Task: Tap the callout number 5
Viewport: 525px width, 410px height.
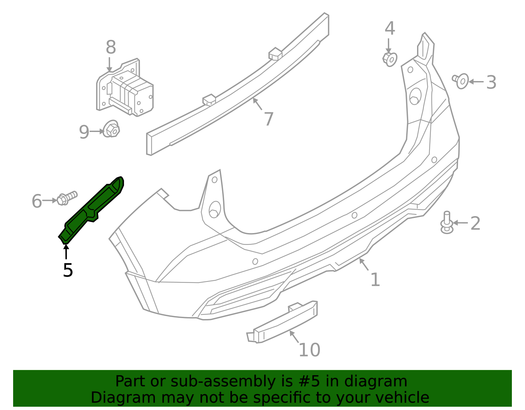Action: tap(68, 270)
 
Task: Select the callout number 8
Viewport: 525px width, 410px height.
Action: tap(111, 47)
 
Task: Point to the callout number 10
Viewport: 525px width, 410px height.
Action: tap(309, 350)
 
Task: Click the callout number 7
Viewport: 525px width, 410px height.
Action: tap(269, 119)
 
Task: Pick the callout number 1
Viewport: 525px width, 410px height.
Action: tap(375, 280)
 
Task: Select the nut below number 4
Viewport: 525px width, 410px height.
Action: tap(390, 59)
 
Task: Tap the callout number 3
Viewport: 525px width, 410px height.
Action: tap(491, 82)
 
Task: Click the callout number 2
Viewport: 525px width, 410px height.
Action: tap(475, 224)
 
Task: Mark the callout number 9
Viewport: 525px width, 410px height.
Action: tap(84, 132)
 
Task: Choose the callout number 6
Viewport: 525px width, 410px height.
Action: tap(37, 201)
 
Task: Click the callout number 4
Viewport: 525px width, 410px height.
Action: tap(390, 29)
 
